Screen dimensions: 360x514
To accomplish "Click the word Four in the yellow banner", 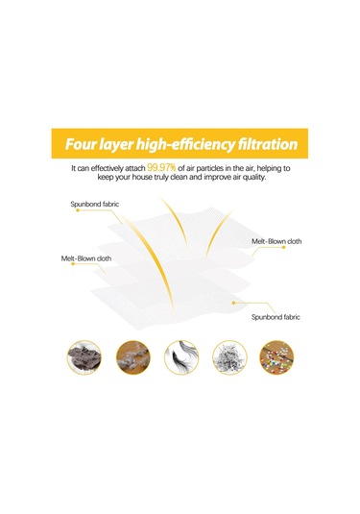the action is pos(81,144).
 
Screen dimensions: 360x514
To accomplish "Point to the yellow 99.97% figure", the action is pos(161,168).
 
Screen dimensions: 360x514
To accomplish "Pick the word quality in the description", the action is pos(252,178).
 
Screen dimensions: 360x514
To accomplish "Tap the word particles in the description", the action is pos(206,168).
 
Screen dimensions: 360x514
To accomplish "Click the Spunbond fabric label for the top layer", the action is pos(95,204).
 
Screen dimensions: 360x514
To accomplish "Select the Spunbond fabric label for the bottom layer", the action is pos(276,317).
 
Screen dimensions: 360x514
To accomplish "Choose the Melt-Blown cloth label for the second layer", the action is pos(276,241).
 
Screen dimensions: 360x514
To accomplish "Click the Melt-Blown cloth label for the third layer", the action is pos(86,258).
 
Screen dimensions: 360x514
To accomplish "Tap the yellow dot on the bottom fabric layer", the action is pos(233,303).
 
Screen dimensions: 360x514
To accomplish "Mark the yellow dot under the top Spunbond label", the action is pos(78,210).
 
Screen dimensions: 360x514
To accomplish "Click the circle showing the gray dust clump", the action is pos(84,357).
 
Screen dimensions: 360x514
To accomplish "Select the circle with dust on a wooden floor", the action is pos(133,357).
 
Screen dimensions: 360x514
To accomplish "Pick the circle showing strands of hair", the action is pos(181,357).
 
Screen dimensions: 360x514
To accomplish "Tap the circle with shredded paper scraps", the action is pos(229,357).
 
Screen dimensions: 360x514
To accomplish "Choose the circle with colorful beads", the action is pos(276,357).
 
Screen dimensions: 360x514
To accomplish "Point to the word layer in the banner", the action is pos(116,145).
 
